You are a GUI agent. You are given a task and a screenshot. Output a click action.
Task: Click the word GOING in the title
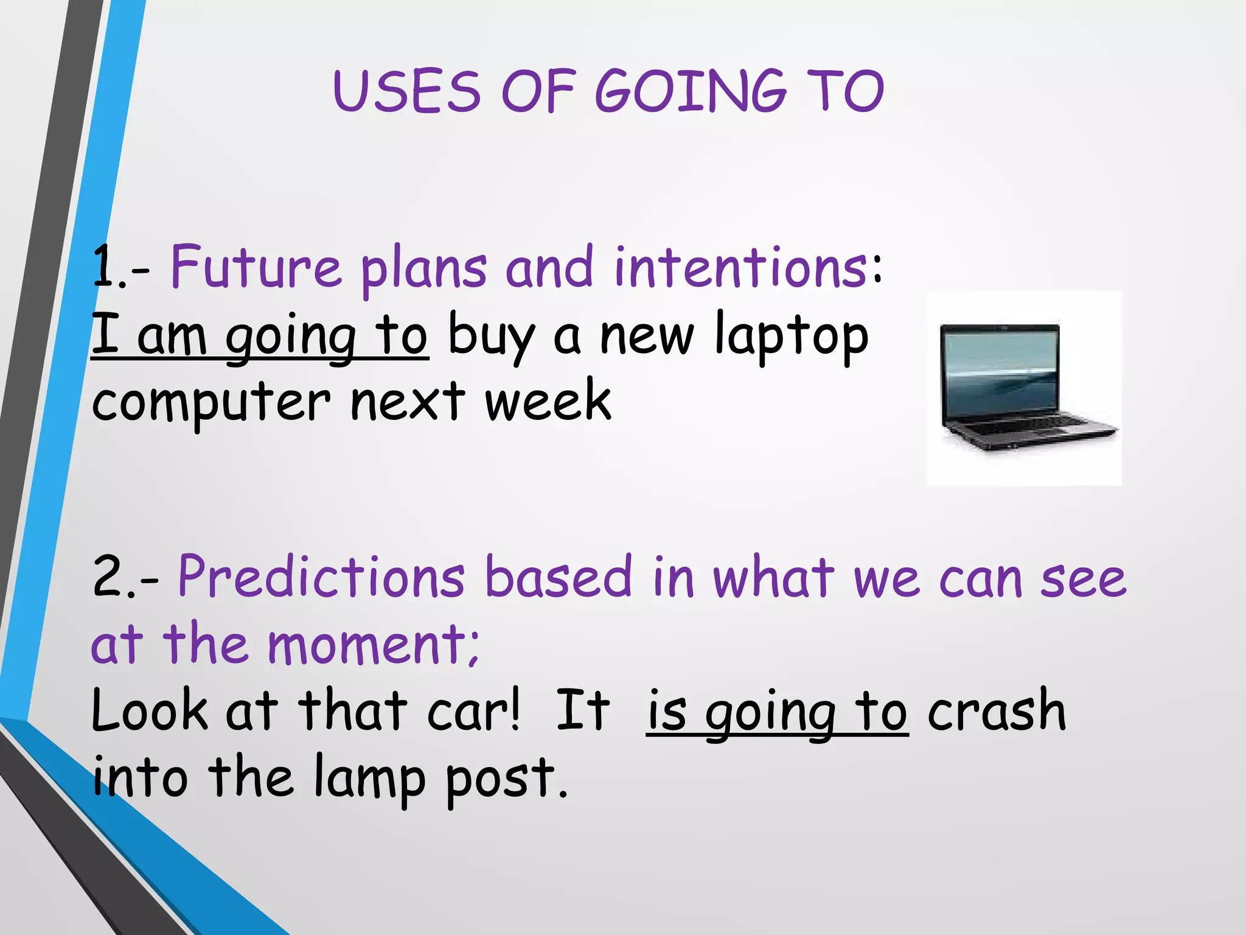[690, 91]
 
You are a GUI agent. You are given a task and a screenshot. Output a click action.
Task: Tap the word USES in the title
[406, 91]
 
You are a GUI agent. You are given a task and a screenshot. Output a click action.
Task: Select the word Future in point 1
[256, 268]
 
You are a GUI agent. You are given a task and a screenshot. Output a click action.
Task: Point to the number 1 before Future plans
[105, 268]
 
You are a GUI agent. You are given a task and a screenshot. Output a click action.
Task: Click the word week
[548, 402]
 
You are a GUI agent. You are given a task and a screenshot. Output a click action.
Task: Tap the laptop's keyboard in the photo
[1028, 426]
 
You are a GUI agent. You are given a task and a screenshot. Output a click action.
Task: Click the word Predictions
[321, 577]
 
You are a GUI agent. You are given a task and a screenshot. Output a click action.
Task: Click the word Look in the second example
[150, 711]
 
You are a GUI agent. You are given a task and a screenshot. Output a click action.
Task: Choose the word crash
[997, 711]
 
